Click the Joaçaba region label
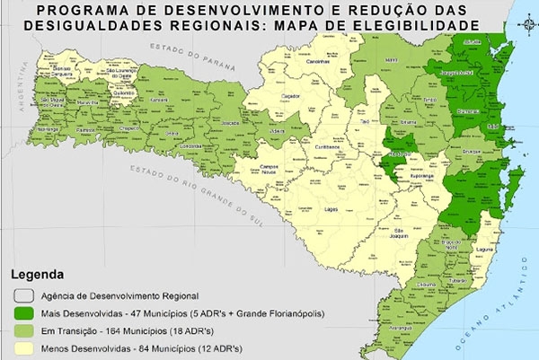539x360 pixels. pos(231,123)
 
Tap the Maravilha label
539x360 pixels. pos(88,101)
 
